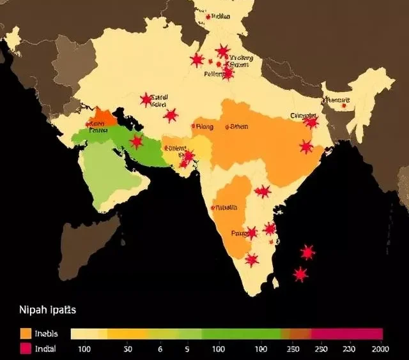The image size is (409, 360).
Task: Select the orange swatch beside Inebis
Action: coord(26,333)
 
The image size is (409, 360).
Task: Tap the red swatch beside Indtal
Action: coord(26,349)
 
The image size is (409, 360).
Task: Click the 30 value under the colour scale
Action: coord(128,349)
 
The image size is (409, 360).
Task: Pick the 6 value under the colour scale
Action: coord(160,349)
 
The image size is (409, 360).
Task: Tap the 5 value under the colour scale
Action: coord(187,349)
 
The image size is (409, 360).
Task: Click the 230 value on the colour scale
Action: coord(349,349)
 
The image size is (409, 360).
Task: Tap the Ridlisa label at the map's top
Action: coord(220,17)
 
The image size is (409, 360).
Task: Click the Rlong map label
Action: coord(204,126)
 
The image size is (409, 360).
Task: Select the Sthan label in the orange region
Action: coord(238,126)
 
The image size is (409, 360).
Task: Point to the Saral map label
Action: coord(159,98)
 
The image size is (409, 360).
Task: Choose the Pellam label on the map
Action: coord(213,74)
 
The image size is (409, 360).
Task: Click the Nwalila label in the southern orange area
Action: coord(226,207)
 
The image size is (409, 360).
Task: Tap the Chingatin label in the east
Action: coord(303,116)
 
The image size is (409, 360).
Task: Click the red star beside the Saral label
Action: coord(146,100)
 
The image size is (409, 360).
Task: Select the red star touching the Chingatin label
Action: coord(311,122)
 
